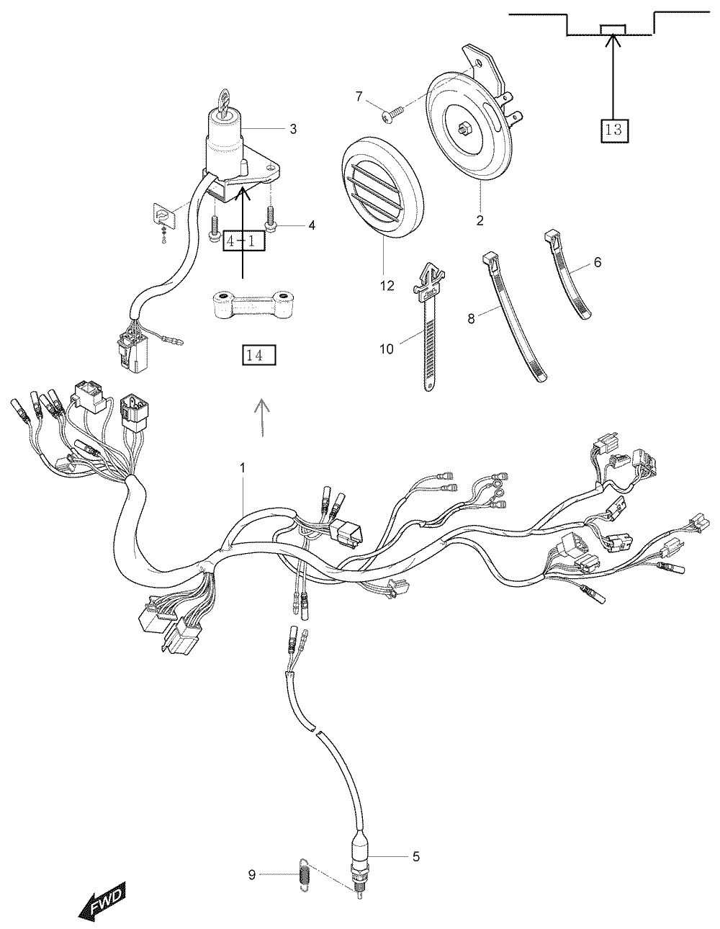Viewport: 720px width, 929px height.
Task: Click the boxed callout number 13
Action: click(x=615, y=129)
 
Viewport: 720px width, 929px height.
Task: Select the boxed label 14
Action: click(x=259, y=355)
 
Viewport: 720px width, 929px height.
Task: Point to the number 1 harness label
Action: click(x=243, y=468)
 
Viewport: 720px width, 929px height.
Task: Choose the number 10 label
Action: click(x=386, y=349)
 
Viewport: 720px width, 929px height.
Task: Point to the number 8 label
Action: click(x=472, y=319)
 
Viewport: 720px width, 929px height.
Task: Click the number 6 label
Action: click(x=598, y=262)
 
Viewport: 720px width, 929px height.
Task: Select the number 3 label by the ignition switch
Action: click(x=293, y=129)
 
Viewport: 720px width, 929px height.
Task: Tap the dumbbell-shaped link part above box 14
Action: click(x=251, y=305)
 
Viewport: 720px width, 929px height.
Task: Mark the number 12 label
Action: click(x=387, y=286)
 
